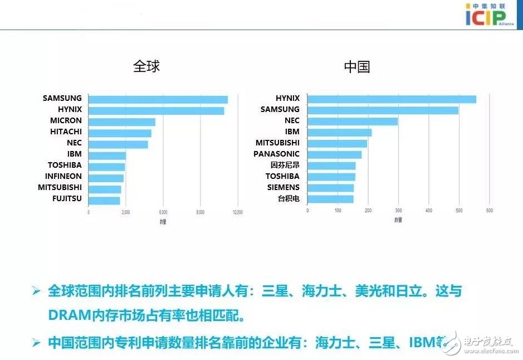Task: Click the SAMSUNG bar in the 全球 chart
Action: coord(158,99)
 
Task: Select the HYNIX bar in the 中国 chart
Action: coord(392,99)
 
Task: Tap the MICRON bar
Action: coord(122,121)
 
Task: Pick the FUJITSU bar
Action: coord(104,200)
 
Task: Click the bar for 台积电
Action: coord(330,199)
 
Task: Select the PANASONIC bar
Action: coord(334,154)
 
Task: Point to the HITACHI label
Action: coord(66,132)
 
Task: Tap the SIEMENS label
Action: coord(283,187)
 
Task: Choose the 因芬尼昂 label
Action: coord(285,165)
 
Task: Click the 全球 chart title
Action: coord(146,66)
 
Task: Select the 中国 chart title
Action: coord(357,67)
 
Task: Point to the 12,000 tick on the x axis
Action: coord(238,212)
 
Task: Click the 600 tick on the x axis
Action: coord(490,210)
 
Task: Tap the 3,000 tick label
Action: coord(126,212)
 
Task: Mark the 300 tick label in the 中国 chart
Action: coord(398,210)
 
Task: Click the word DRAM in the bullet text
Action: coord(69,316)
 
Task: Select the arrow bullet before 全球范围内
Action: coord(36,291)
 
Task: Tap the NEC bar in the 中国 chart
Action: coord(353,121)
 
